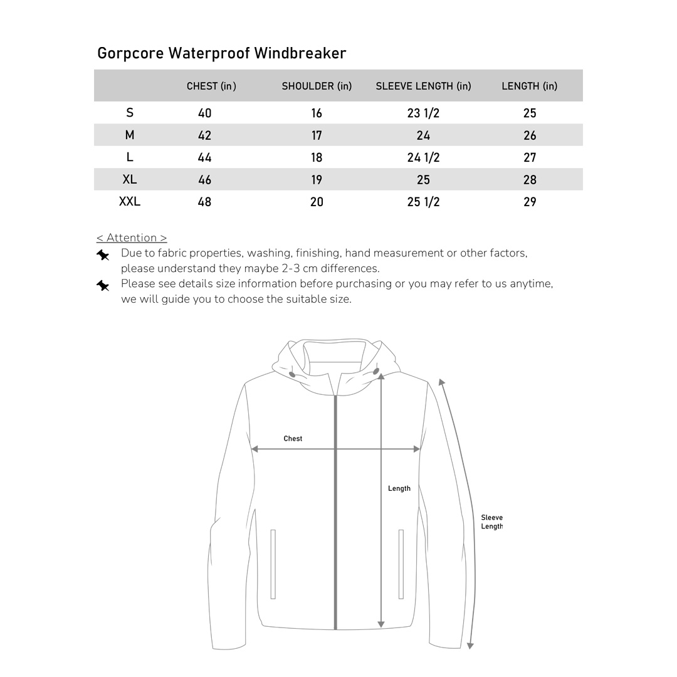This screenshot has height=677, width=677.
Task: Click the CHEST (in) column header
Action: click(x=211, y=86)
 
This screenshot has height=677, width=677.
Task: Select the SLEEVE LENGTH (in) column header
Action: click(x=423, y=86)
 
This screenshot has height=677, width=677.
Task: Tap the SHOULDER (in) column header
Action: click(x=317, y=86)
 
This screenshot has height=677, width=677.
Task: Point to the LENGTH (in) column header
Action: click(x=529, y=86)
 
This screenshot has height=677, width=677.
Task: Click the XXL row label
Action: click(x=130, y=201)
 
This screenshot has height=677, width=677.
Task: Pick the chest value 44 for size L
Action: click(x=204, y=157)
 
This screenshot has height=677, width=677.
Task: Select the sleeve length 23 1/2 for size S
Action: click(x=423, y=113)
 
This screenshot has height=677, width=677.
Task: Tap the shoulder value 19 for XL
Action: click(x=317, y=180)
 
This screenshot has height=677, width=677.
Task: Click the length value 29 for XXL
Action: click(x=530, y=202)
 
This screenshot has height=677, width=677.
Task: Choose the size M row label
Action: click(x=130, y=135)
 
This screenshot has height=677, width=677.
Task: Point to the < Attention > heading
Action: click(x=132, y=238)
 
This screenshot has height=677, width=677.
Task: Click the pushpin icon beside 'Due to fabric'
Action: click(x=103, y=255)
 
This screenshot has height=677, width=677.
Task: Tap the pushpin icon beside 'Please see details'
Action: click(x=103, y=286)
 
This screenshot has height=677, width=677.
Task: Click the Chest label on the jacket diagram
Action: click(x=293, y=439)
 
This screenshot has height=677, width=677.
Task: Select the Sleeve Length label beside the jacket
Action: click(x=491, y=522)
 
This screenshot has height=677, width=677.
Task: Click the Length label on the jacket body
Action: click(x=399, y=488)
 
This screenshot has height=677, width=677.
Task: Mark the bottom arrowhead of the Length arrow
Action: click(x=381, y=624)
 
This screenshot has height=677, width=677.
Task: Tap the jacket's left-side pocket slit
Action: click(x=273, y=564)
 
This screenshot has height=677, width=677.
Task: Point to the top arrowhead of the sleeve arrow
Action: click(x=442, y=382)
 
